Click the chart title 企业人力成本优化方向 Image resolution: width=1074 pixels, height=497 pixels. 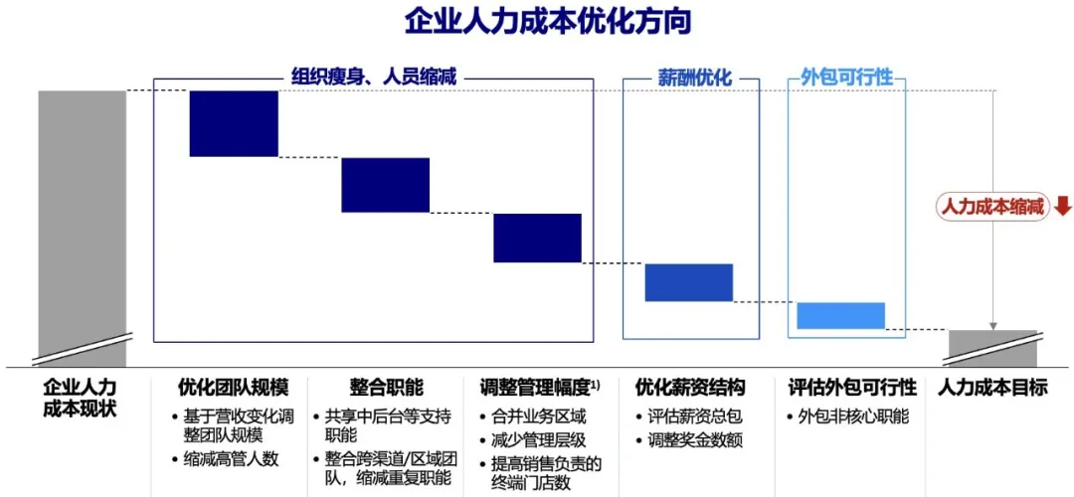tap(547, 23)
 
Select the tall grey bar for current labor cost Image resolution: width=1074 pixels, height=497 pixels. tap(83, 228)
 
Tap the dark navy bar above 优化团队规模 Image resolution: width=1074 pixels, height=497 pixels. tap(234, 123)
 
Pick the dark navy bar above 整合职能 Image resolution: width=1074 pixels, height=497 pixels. tap(386, 185)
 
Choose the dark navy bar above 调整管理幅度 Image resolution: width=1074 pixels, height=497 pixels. tap(537, 238)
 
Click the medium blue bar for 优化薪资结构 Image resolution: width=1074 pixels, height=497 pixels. tap(689, 282)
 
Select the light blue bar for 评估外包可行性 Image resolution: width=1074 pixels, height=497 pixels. tap(840, 315)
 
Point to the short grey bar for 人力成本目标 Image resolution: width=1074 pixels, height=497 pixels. tap(992, 348)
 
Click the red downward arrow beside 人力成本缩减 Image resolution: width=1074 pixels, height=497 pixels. tap(1062, 206)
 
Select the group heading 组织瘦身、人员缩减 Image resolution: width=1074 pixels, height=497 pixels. tap(373, 78)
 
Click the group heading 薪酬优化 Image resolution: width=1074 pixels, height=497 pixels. tap(691, 78)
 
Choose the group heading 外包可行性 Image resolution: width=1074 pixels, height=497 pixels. tap(846, 78)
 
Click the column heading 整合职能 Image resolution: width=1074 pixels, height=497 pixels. tap(386, 388)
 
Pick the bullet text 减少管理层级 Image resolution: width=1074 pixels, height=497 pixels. tap(538, 439)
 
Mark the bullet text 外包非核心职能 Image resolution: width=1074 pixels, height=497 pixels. tap(853, 416)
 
